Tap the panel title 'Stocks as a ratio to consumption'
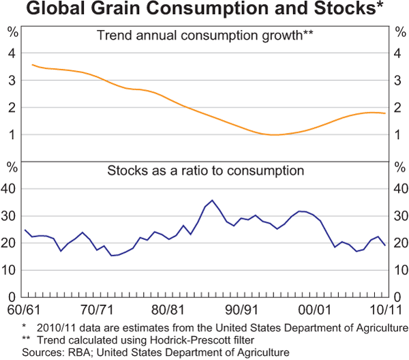(205, 170)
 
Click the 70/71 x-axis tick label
(97, 309)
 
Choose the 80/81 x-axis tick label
(170, 309)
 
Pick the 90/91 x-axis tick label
(243, 309)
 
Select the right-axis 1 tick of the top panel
(398, 135)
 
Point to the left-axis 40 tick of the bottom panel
(10, 189)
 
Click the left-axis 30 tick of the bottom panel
(10, 216)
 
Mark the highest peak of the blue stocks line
(212, 200)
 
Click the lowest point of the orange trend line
(273, 135)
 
